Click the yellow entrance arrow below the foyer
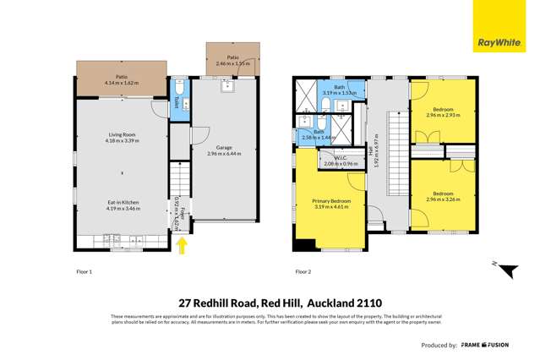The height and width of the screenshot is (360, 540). coord(181,244)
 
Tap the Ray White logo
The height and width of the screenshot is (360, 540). coord(499,40)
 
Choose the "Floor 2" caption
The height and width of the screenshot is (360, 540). coord(303,272)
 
